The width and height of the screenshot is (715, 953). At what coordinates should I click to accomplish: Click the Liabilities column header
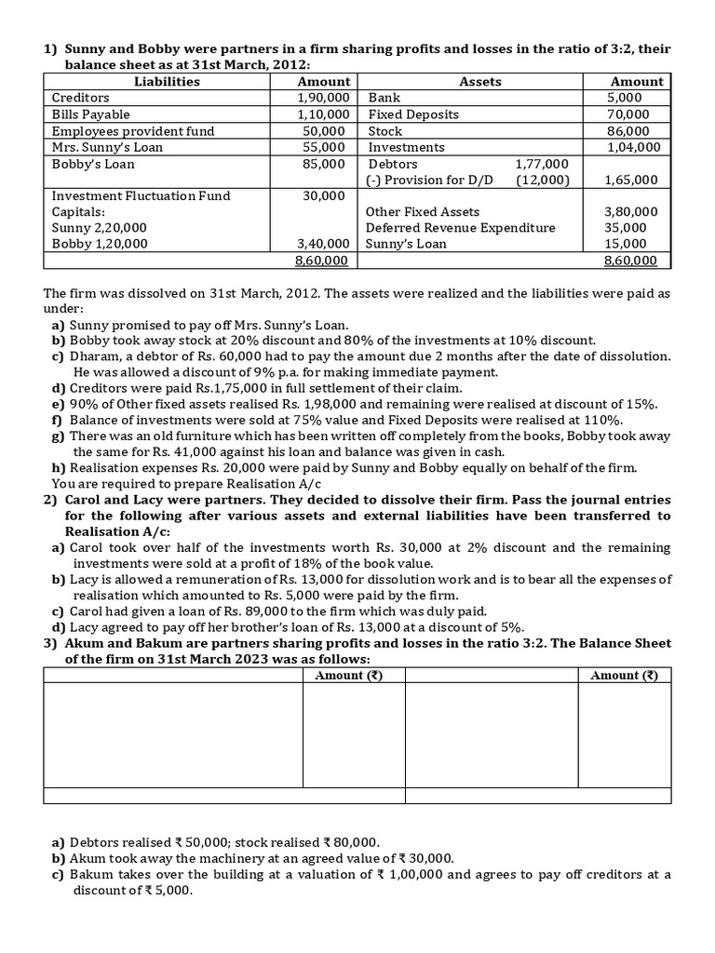point(167,81)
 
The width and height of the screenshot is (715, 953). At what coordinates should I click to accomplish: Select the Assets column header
point(480,81)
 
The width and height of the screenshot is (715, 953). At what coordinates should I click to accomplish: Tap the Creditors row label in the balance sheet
point(80,98)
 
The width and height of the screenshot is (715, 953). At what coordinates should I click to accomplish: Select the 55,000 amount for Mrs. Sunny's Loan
point(326,147)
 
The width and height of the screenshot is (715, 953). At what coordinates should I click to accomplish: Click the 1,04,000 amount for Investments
point(633,147)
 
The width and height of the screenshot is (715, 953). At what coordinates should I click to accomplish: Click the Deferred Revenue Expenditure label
point(460,228)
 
